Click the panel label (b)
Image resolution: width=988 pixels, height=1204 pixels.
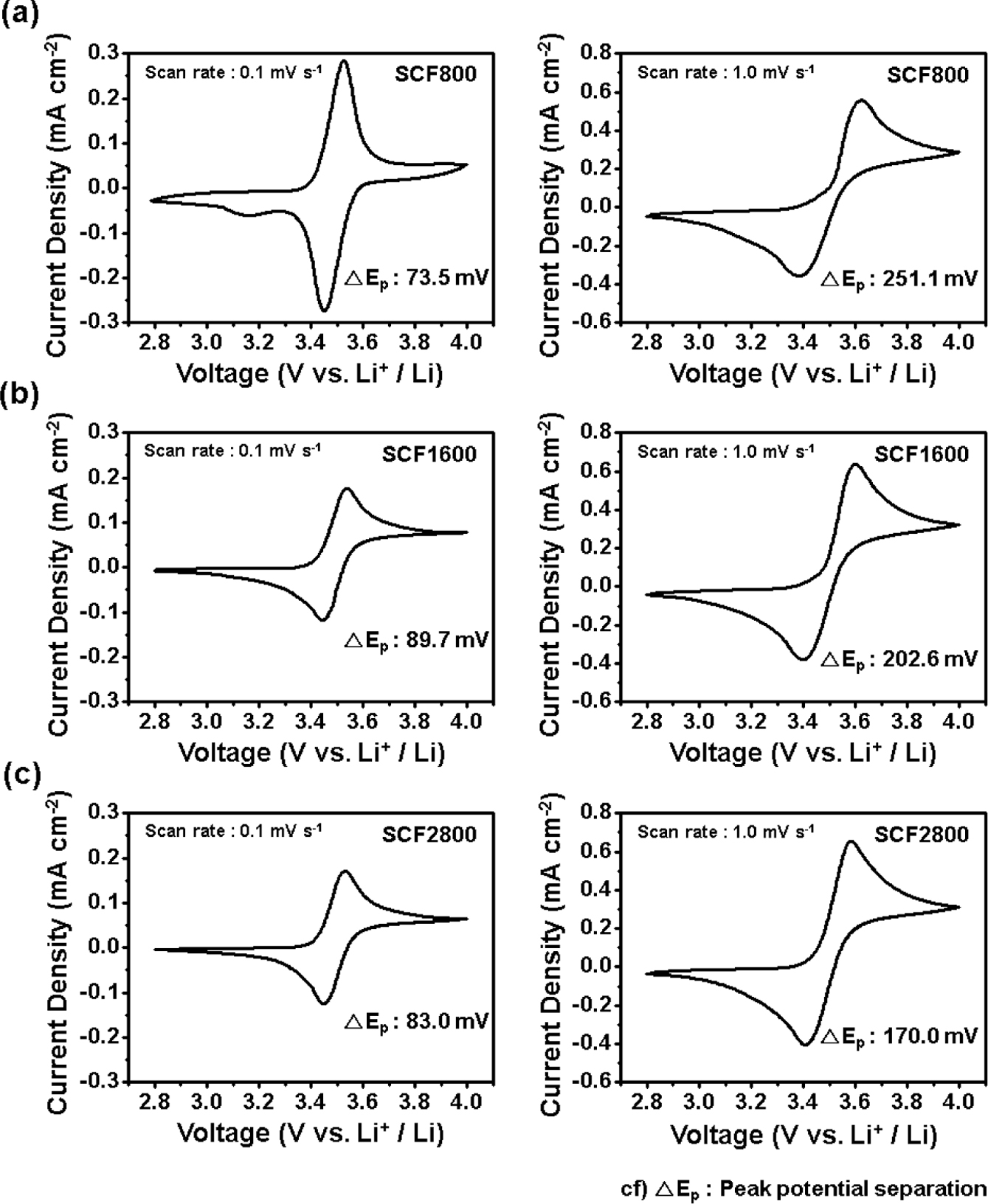pos(20,395)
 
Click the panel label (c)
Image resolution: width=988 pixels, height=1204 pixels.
pos(20,776)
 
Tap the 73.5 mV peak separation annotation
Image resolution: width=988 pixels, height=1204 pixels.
pos(417,279)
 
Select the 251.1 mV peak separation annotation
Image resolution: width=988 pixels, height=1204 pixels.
pos(899,279)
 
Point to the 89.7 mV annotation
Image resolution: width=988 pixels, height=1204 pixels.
pos(417,640)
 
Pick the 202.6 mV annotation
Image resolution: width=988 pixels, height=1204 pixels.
pos(899,658)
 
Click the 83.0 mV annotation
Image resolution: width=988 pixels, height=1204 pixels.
pos(417,1021)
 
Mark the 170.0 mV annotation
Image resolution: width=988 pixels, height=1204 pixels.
pos(899,1037)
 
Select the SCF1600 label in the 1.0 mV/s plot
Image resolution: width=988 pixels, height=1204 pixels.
pos(921,453)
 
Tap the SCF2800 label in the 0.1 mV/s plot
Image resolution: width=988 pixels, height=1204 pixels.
pos(429,834)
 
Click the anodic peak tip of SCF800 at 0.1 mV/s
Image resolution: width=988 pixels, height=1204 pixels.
pos(344,61)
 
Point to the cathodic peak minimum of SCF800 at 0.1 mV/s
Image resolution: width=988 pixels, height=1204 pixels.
pos(324,310)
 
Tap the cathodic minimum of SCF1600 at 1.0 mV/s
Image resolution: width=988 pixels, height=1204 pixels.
pos(804,658)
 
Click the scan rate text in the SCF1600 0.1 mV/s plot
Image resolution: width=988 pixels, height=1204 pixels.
pos(232,450)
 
